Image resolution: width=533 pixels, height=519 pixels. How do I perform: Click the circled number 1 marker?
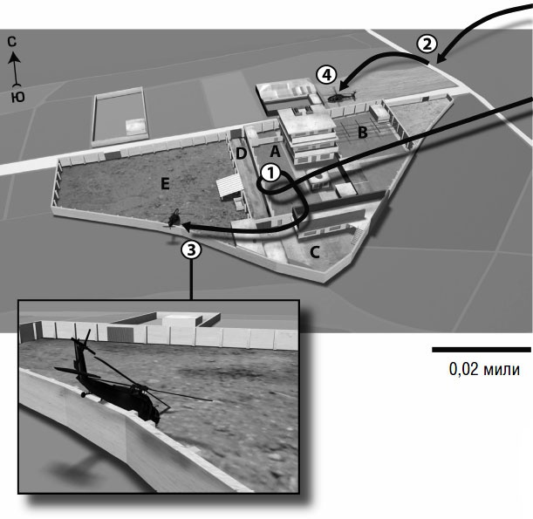pyautogui.click(x=271, y=174)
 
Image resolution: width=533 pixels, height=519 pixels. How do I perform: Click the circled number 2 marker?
pyautogui.click(x=427, y=44)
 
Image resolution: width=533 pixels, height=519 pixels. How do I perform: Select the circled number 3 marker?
pyautogui.click(x=191, y=249)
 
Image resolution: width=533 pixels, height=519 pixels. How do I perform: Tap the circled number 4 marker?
pyautogui.click(x=326, y=75)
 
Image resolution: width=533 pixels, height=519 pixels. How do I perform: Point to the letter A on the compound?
pyautogui.click(x=275, y=151)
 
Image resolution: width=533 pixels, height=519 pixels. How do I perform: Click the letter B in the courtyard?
pyautogui.click(x=363, y=133)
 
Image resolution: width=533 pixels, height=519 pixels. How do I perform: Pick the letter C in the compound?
pyautogui.click(x=315, y=253)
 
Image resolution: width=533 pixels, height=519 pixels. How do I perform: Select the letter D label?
pyautogui.click(x=241, y=154)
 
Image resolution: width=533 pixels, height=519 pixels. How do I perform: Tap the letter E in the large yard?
pyautogui.click(x=165, y=184)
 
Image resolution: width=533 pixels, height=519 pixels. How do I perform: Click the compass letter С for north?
pyautogui.click(x=12, y=42)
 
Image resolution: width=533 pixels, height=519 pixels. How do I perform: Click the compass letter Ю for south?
pyautogui.click(x=17, y=98)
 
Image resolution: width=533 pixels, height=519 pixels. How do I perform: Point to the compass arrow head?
pyautogui.click(x=14, y=57)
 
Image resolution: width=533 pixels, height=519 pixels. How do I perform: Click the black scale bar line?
pyautogui.click(x=481, y=350)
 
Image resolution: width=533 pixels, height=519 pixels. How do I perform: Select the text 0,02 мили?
pyautogui.click(x=484, y=369)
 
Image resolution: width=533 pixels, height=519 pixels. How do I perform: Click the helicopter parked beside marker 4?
pyautogui.click(x=341, y=95)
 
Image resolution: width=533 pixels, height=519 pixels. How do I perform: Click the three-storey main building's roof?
pyautogui.click(x=304, y=120)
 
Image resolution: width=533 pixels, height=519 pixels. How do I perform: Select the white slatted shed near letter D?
pyautogui.click(x=229, y=186)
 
